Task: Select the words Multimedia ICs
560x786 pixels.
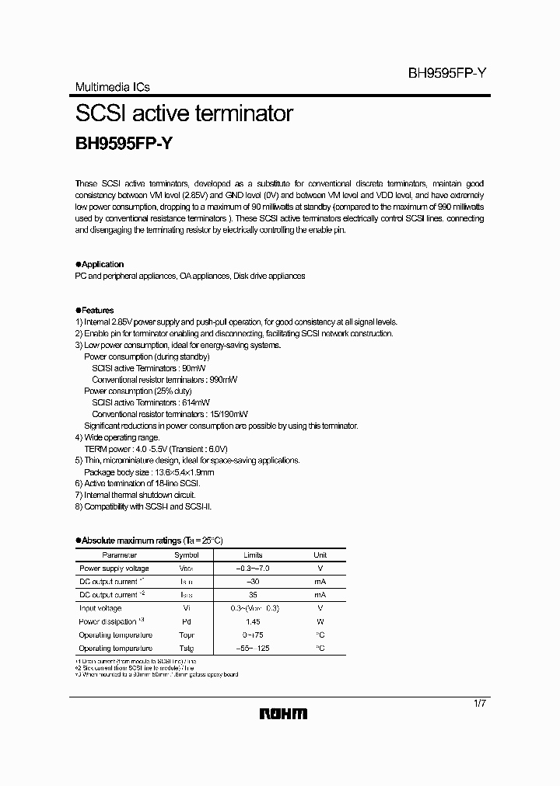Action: pyautogui.click(x=112, y=88)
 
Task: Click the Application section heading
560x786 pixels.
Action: pyautogui.click(x=102, y=264)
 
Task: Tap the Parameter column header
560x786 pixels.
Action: pyautogui.click(x=119, y=555)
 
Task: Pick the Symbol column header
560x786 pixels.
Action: pyautogui.click(x=186, y=555)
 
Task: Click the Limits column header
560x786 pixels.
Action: pyautogui.click(x=253, y=555)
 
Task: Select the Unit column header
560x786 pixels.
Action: pyautogui.click(x=320, y=555)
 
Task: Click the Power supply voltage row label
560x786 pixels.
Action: pyautogui.click(x=114, y=569)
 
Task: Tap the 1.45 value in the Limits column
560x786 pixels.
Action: pyautogui.click(x=253, y=621)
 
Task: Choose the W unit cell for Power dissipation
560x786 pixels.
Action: pyautogui.click(x=320, y=621)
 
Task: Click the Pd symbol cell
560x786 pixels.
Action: pyautogui.click(x=186, y=621)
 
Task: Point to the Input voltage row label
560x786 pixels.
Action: pyautogui.click(x=100, y=608)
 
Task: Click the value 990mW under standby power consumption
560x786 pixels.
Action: pyautogui.click(x=223, y=380)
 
